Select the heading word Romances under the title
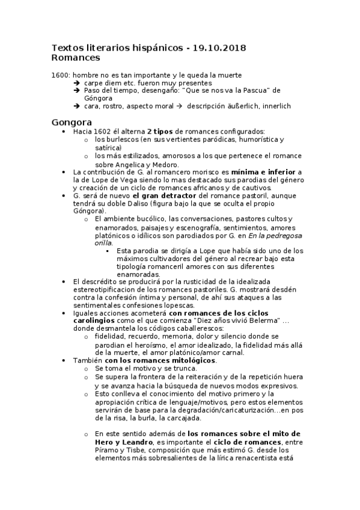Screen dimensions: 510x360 tap(76, 58)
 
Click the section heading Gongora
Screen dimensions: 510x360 tap(72, 121)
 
